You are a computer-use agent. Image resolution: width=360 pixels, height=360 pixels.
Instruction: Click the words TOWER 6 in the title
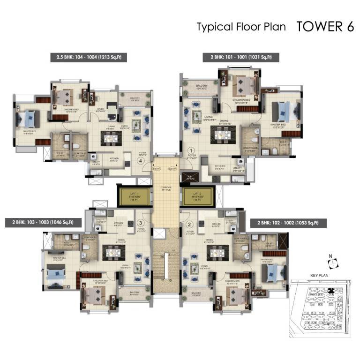[x=325, y=26]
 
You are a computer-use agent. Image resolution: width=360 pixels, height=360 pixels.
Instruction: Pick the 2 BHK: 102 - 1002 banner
[x=288, y=223]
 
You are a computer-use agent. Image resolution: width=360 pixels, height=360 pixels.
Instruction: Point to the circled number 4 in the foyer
[x=140, y=160]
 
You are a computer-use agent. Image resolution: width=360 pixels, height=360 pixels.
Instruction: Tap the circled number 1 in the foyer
[x=191, y=150]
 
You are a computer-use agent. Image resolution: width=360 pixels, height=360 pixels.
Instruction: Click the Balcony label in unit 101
[x=202, y=86]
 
